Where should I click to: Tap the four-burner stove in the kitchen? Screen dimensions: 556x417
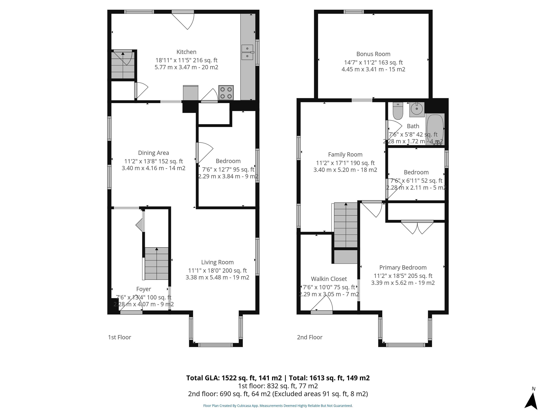[226, 93]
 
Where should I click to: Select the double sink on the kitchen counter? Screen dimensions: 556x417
[247, 52]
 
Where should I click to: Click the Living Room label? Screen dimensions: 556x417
[217, 262]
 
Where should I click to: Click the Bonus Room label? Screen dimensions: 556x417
[373, 54]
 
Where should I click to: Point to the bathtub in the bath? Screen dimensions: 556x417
[435, 129]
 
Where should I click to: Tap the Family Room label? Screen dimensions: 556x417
[345, 155]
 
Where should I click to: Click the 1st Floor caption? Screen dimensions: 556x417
[119, 337]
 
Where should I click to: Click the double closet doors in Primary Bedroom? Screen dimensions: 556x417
[417, 227]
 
